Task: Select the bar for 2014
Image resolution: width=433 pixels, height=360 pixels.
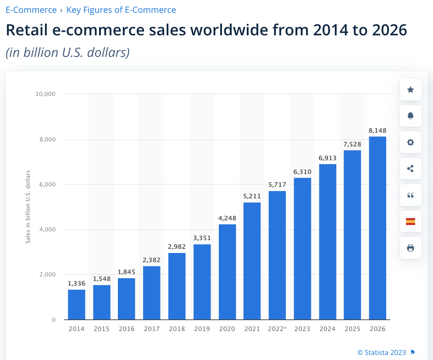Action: [x=77, y=304]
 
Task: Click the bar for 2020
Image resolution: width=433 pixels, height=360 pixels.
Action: [x=227, y=272]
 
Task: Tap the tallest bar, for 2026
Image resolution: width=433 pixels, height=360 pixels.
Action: [x=377, y=228]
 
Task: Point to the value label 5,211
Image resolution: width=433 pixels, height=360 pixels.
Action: [x=252, y=197]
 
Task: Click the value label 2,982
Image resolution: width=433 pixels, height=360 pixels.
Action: [x=177, y=247]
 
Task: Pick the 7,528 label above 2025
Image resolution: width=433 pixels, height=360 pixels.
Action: [x=352, y=144]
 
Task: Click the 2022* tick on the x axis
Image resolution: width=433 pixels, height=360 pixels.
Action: [x=277, y=329]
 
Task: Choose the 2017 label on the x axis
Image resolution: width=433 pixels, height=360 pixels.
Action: [x=152, y=329]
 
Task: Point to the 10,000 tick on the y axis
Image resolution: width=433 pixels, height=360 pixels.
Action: [x=45, y=94]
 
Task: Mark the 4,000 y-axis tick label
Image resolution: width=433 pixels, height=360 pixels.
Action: [x=47, y=230]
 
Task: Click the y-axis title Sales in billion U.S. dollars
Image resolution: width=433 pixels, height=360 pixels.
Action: [x=28, y=207]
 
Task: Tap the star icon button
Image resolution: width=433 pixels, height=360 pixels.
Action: [x=411, y=90]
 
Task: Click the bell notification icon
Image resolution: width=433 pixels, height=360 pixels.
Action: [x=411, y=116]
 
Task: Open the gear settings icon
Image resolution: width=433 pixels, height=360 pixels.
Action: [x=411, y=142]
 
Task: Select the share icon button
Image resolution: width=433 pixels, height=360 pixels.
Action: [x=411, y=169]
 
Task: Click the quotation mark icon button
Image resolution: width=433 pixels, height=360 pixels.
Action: [x=411, y=195]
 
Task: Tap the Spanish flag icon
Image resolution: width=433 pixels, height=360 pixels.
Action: [x=411, y=221]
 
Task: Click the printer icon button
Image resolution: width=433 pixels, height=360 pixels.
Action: [x=411, y=248]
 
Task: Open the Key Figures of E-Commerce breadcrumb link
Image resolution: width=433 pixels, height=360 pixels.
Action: [x=121, y=10]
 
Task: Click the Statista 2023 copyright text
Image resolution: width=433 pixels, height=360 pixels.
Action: [x=382, y=353]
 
